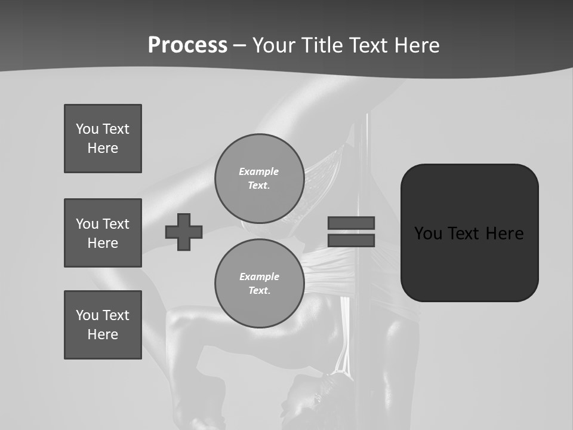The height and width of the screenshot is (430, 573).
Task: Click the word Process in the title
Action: [x=187, y=45]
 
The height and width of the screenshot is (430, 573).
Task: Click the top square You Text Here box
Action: [x=103, y=139]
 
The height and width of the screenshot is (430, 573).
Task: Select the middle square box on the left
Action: [x=103, y=233]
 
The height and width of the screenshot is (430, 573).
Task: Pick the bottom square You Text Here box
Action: [x=103, y=325]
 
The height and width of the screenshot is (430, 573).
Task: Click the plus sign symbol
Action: [x=184, y=232]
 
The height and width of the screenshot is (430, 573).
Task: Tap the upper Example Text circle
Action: [x=259, y=178]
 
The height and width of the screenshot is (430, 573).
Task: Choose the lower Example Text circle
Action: [x=259, y=283]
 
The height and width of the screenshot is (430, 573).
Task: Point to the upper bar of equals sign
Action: [x=351, y=223]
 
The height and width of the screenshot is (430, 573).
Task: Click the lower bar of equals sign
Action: [x=351, y=240]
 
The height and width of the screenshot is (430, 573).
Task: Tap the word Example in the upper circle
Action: [x=258, y=171]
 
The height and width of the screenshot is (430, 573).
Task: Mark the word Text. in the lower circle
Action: [x=259, y=290]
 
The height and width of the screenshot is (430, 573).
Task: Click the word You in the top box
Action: [x=87, y=129]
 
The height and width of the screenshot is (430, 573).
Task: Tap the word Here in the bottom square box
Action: [x=103, y=334]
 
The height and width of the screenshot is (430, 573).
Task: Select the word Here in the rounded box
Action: [x=504, y=233]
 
